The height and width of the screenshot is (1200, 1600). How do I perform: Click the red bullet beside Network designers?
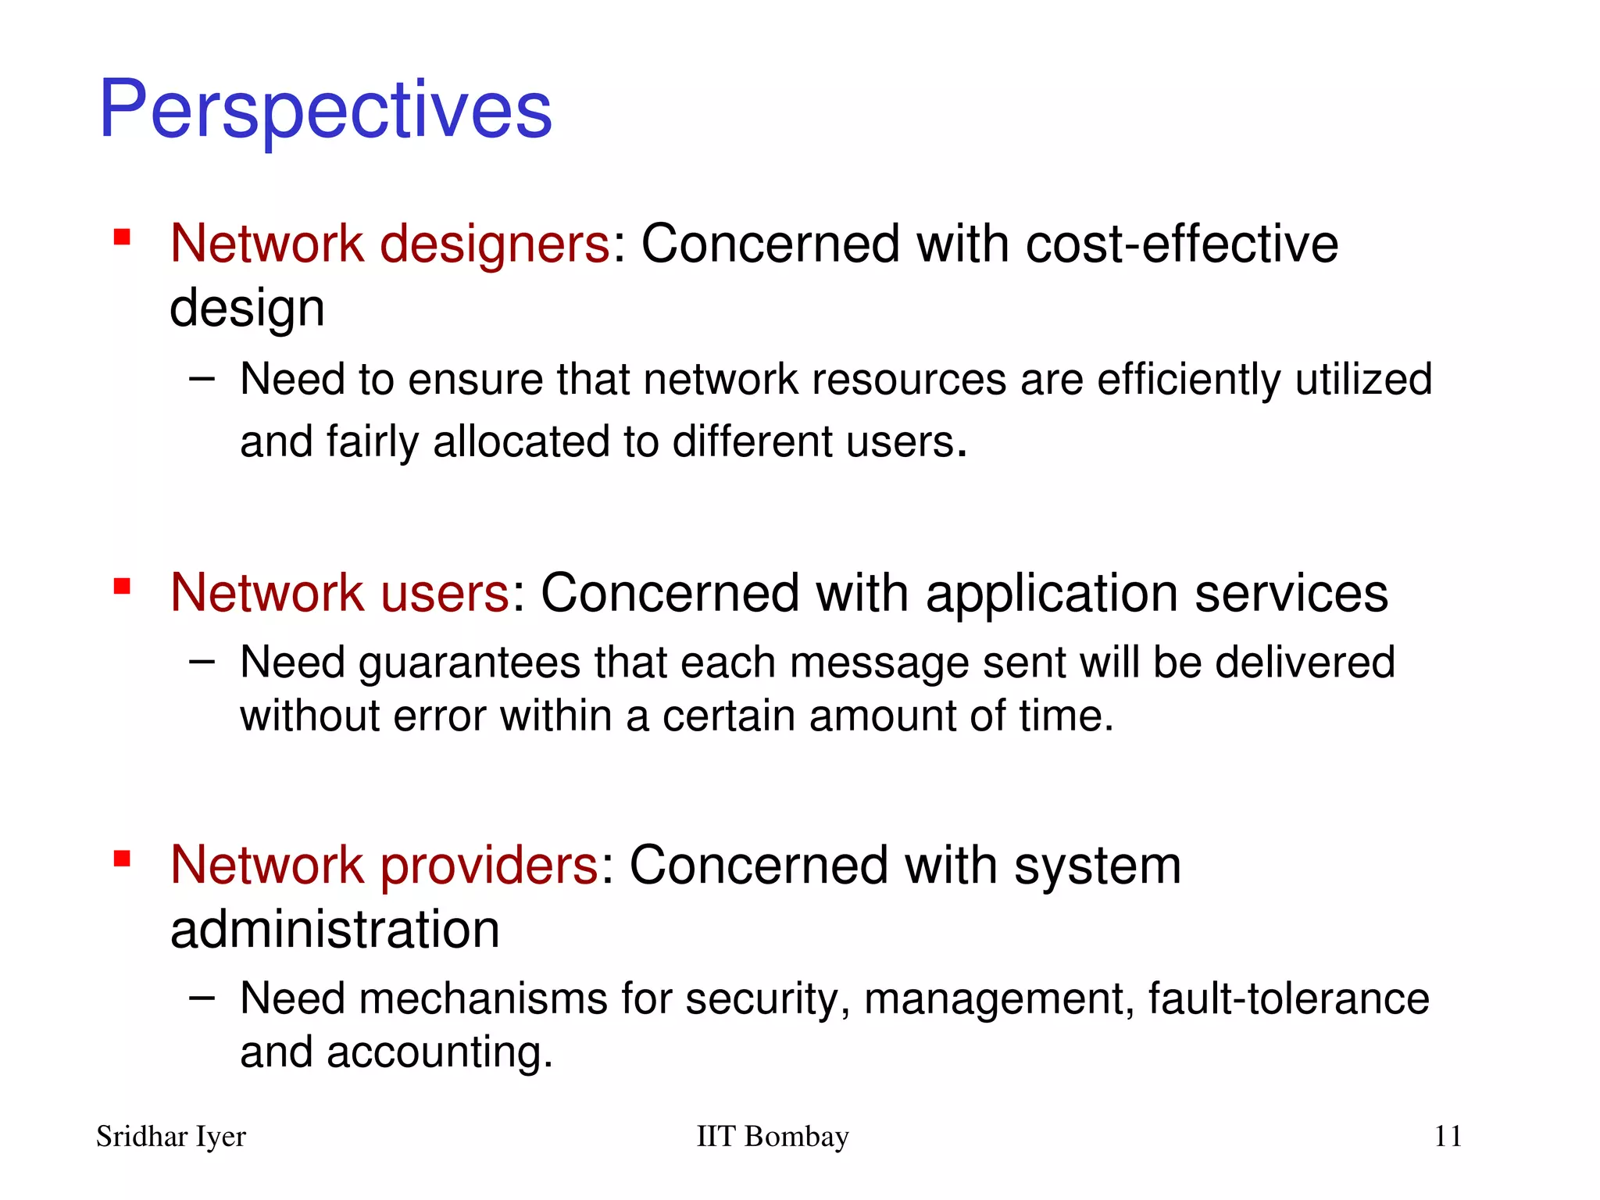pyautogui.click(x=122, y=237)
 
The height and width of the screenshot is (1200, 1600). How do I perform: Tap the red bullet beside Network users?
pyautogui.click(x=122, y=586)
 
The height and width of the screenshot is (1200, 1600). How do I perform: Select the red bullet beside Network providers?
pyautogui.click(x=122, y=859)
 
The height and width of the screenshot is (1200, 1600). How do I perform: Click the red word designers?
pyautogui.click(x=495, y=245)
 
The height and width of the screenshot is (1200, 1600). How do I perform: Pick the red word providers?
pyautogui.click(x=489, y=866)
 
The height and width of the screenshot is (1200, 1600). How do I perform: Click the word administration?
pyautogui.click(x=334, y=930)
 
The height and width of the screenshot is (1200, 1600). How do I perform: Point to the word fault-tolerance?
pyautogui.click(x=1288, y=998)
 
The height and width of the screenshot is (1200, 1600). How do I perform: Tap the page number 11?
pyautogui.click(x=1448, y=1137)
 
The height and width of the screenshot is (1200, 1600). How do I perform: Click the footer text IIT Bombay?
pyautogui.click(x=772, y=1137)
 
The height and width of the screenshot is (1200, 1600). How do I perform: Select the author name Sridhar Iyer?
pyautogui.click(x=170, y=1137)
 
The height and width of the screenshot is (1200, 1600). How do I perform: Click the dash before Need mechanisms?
pyautogui.click(x=202, y=998)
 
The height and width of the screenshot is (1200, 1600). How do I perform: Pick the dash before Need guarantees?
pyautogui.click(x=202, y=662)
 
